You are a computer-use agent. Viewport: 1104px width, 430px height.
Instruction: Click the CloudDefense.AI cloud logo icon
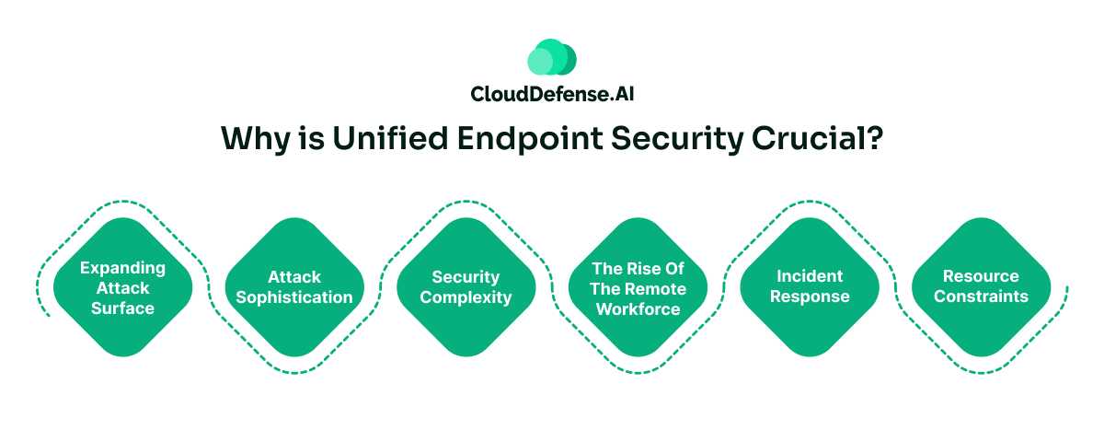pos(551,57)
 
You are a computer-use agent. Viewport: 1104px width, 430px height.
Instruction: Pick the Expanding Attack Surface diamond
pos(122,287)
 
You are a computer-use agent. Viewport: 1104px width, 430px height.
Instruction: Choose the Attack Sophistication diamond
pos(293,287)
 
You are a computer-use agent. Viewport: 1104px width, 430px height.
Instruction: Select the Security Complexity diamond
pos(466,287)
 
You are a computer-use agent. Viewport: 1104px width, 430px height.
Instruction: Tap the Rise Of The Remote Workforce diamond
pos(638,287)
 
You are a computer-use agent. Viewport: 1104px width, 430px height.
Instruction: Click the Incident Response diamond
pos(810,286)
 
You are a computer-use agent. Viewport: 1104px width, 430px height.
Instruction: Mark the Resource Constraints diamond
pos(981,286)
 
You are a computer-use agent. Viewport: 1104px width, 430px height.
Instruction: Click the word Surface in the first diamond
pos(122,308)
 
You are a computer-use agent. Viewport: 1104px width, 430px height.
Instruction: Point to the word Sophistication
pos(293,297)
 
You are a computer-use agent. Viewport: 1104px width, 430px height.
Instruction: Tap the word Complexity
pos(466,297)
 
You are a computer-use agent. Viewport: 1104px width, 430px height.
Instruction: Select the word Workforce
pos(638,308)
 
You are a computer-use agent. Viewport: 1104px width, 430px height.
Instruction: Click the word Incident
pos(810,276)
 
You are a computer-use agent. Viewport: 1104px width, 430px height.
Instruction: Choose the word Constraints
pos(981,296)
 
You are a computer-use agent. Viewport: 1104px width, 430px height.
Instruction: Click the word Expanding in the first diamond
pos(122,268)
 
